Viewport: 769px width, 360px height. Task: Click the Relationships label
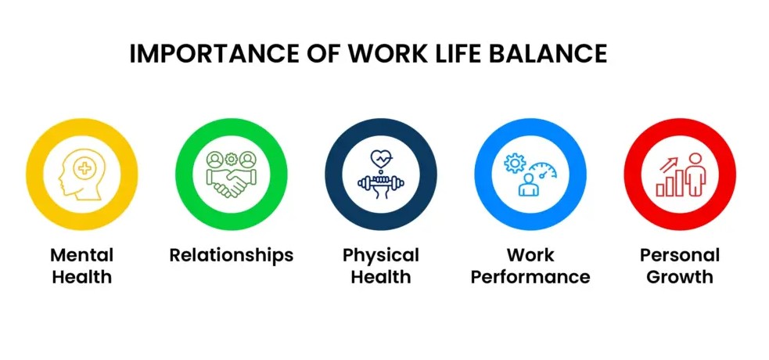pyautogui.click(x=232, y=255)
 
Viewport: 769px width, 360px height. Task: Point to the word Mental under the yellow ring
pyautogui.click(x=82, y=255)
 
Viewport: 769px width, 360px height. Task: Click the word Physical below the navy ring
pyautogui.click(x=381, y=255)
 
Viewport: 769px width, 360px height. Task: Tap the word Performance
pyautogui.click(x=530, y=276)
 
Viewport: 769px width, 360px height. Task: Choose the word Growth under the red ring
pyautogui.click(x=679, y=276)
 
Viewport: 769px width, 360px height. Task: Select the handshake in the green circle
pyautogui.click(x=231, y=185)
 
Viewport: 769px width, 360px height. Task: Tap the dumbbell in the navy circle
pyautogui.click(x=380, y=182)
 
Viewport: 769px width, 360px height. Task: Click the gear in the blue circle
pyautogui.click(x=515, y=163)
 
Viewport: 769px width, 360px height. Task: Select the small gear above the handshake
pyautogui.click(x=231, y=158)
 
